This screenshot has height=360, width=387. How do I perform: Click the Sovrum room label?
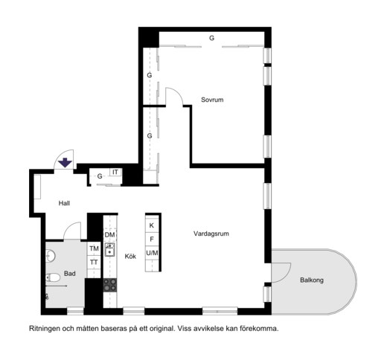point(212,100)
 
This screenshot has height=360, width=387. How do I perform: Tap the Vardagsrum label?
point(211,234)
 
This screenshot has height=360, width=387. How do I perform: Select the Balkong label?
point(312,280)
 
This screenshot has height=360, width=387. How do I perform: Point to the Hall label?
point(64,203)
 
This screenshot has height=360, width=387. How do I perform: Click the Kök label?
point(130,257)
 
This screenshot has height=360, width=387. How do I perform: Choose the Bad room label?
point(70,274)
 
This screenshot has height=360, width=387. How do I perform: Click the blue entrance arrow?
point(65,163)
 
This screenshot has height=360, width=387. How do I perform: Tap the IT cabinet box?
point(115,172)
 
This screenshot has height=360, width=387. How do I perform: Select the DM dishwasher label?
point(109,234)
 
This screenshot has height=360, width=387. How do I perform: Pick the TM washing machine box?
point(94,248)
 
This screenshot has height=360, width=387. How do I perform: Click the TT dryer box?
point(94,262)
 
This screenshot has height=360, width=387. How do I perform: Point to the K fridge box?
point(152,225)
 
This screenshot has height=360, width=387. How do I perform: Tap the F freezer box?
point(152,240)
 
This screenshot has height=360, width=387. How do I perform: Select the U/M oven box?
point(152,253)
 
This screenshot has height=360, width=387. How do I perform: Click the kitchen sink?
point(109,249)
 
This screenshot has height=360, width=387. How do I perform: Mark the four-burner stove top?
point(110,285)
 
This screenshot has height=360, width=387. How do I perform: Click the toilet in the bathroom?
point(53,277)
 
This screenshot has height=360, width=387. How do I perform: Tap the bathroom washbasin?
point(51,256)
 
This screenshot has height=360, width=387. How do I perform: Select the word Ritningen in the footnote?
point(45,329)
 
